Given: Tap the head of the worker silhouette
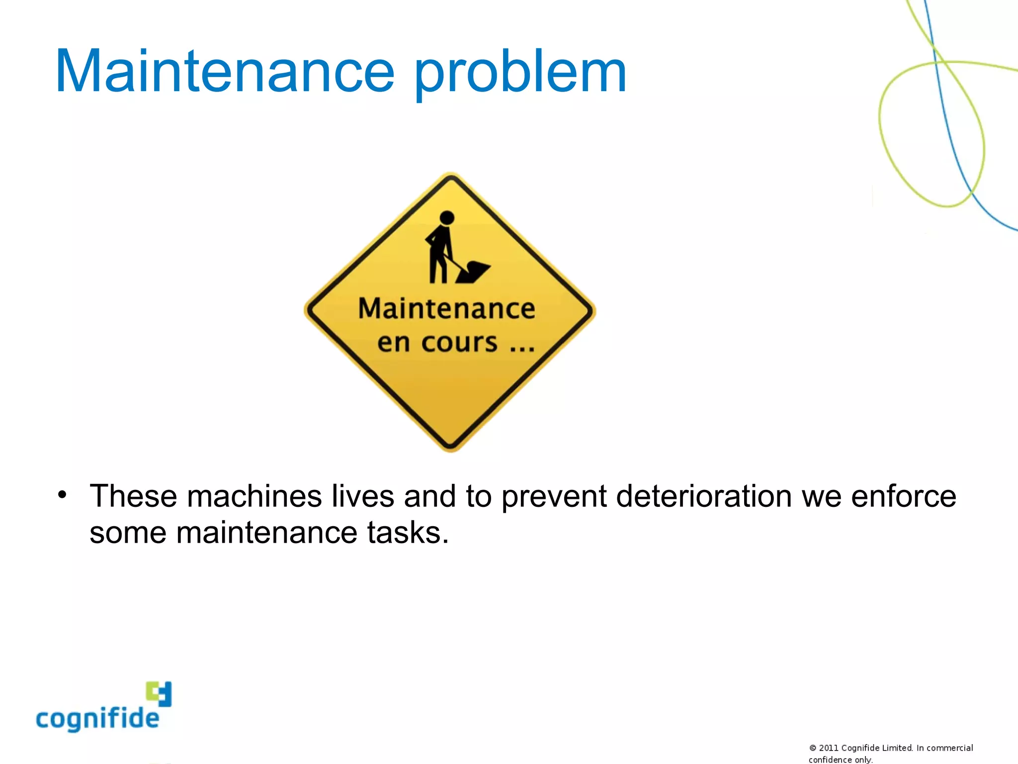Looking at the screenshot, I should (x=447, y=218).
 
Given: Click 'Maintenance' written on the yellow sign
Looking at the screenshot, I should (x=446, y=308).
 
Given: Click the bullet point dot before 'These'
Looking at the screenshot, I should (x=62, y=495).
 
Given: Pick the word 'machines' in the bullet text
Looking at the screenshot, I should (x=254, y=496).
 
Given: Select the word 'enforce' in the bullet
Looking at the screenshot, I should (x=903, y=496).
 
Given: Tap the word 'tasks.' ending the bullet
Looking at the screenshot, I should (x=408, y=533).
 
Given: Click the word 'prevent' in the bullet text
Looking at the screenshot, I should (x=554, y=497).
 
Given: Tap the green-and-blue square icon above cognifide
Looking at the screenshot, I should (x=159, y=693).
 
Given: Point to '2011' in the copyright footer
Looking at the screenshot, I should (x=829, y=748).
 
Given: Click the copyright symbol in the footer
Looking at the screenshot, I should (x=813, y=748).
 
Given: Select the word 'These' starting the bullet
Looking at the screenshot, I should (x=133, y=496).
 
